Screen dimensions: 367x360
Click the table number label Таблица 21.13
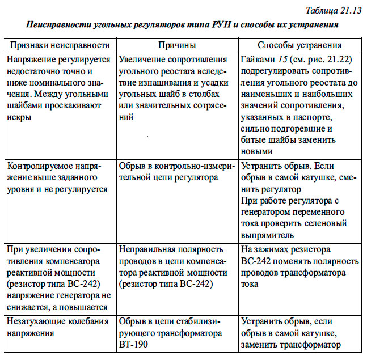[333, 11]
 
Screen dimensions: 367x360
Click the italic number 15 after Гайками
[282, 60]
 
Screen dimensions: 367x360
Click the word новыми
[257, 151]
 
